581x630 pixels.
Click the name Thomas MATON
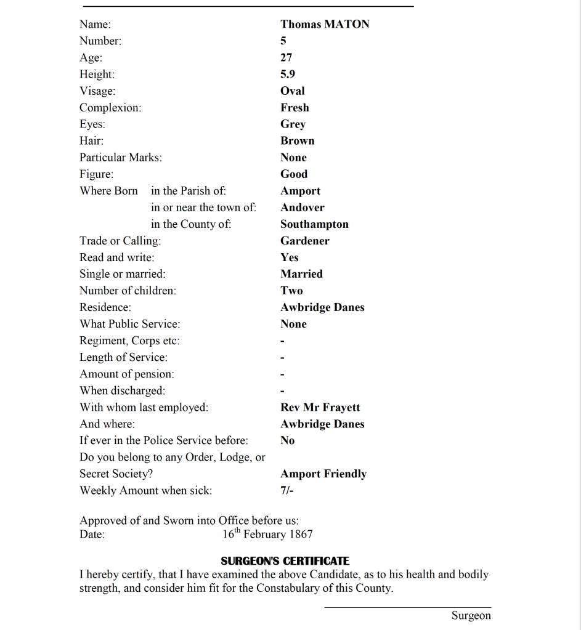tap(325, 25)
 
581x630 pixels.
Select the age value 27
tap(286, 58)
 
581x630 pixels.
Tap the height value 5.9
tap(288, 75)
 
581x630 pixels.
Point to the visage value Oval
tap(293, 91)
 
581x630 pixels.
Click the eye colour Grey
tap(293, 124)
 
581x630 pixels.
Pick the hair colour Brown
tap(298, 141)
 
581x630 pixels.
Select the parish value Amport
tap(300, 191)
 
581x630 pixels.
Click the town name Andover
tap(302, 208)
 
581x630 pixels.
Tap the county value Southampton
tap(314, 224)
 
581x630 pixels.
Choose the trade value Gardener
tap(305, 241)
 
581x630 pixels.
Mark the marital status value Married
tap(301, 274)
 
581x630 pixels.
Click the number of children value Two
tap(291, 291)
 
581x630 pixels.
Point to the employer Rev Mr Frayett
tap(320, 408)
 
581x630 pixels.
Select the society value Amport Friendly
tap(323, 474)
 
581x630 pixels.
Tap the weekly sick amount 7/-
tap(287, 491)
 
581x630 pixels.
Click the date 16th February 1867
tap(267, 535)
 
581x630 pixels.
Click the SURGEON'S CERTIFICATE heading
tap(285, 561)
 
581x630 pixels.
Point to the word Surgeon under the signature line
tap(471, 616)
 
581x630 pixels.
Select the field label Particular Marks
tap(121, 158)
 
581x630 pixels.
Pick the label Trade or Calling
tap(120, 241)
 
